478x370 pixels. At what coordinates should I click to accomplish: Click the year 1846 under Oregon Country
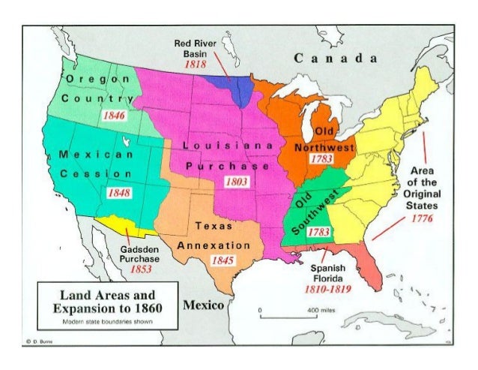click(x=114, y=117)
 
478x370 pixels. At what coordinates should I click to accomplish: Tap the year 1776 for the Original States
click(x=423, y=218)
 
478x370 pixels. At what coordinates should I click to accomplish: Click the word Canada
click(x=334, y=59)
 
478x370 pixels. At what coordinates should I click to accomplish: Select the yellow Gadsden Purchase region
click(x=124, y=225)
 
